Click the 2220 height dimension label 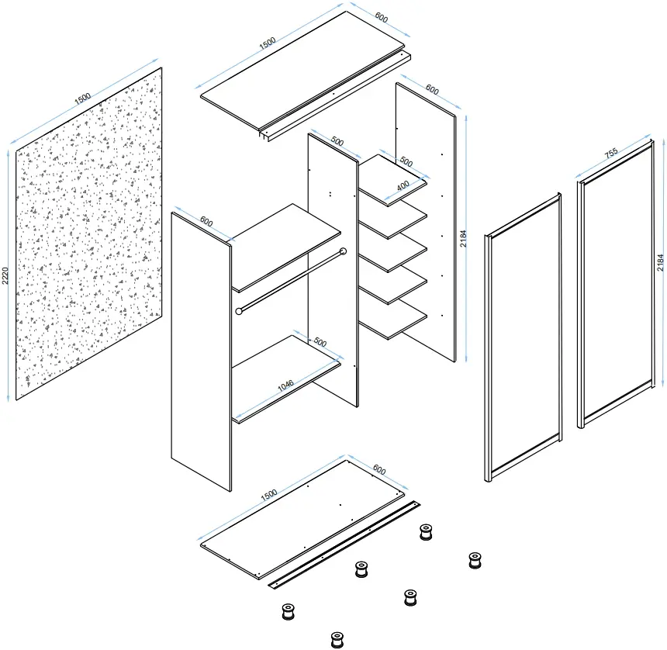click(x=5, y=275)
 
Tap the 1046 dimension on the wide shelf click(x=285, y=386)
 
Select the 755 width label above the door click(x=611, y=153)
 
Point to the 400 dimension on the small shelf click(x=403, y=186)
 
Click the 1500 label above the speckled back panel click(x=83, y=99)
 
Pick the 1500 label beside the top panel click(x=268, y=43)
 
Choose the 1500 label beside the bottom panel click(x=269, y=495)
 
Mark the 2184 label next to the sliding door click(x=660, y=262)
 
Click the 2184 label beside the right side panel click(x=463, y=239)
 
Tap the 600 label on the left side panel click(x=206, y=222)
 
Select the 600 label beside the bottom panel click(x=379, y=470)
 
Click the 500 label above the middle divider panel click(x=337, y=141)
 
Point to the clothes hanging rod click(x=291, y=282)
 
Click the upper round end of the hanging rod click(x=344, y=251)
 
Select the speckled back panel click(x=89, y=233)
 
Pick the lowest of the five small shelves click(x=393, y=320)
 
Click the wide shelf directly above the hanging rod click(x=286, y=248)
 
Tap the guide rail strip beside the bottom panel click(x=344, y=545)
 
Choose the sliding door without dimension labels click(x=524, y=337)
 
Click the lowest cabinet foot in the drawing click(x=337, y=640)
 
